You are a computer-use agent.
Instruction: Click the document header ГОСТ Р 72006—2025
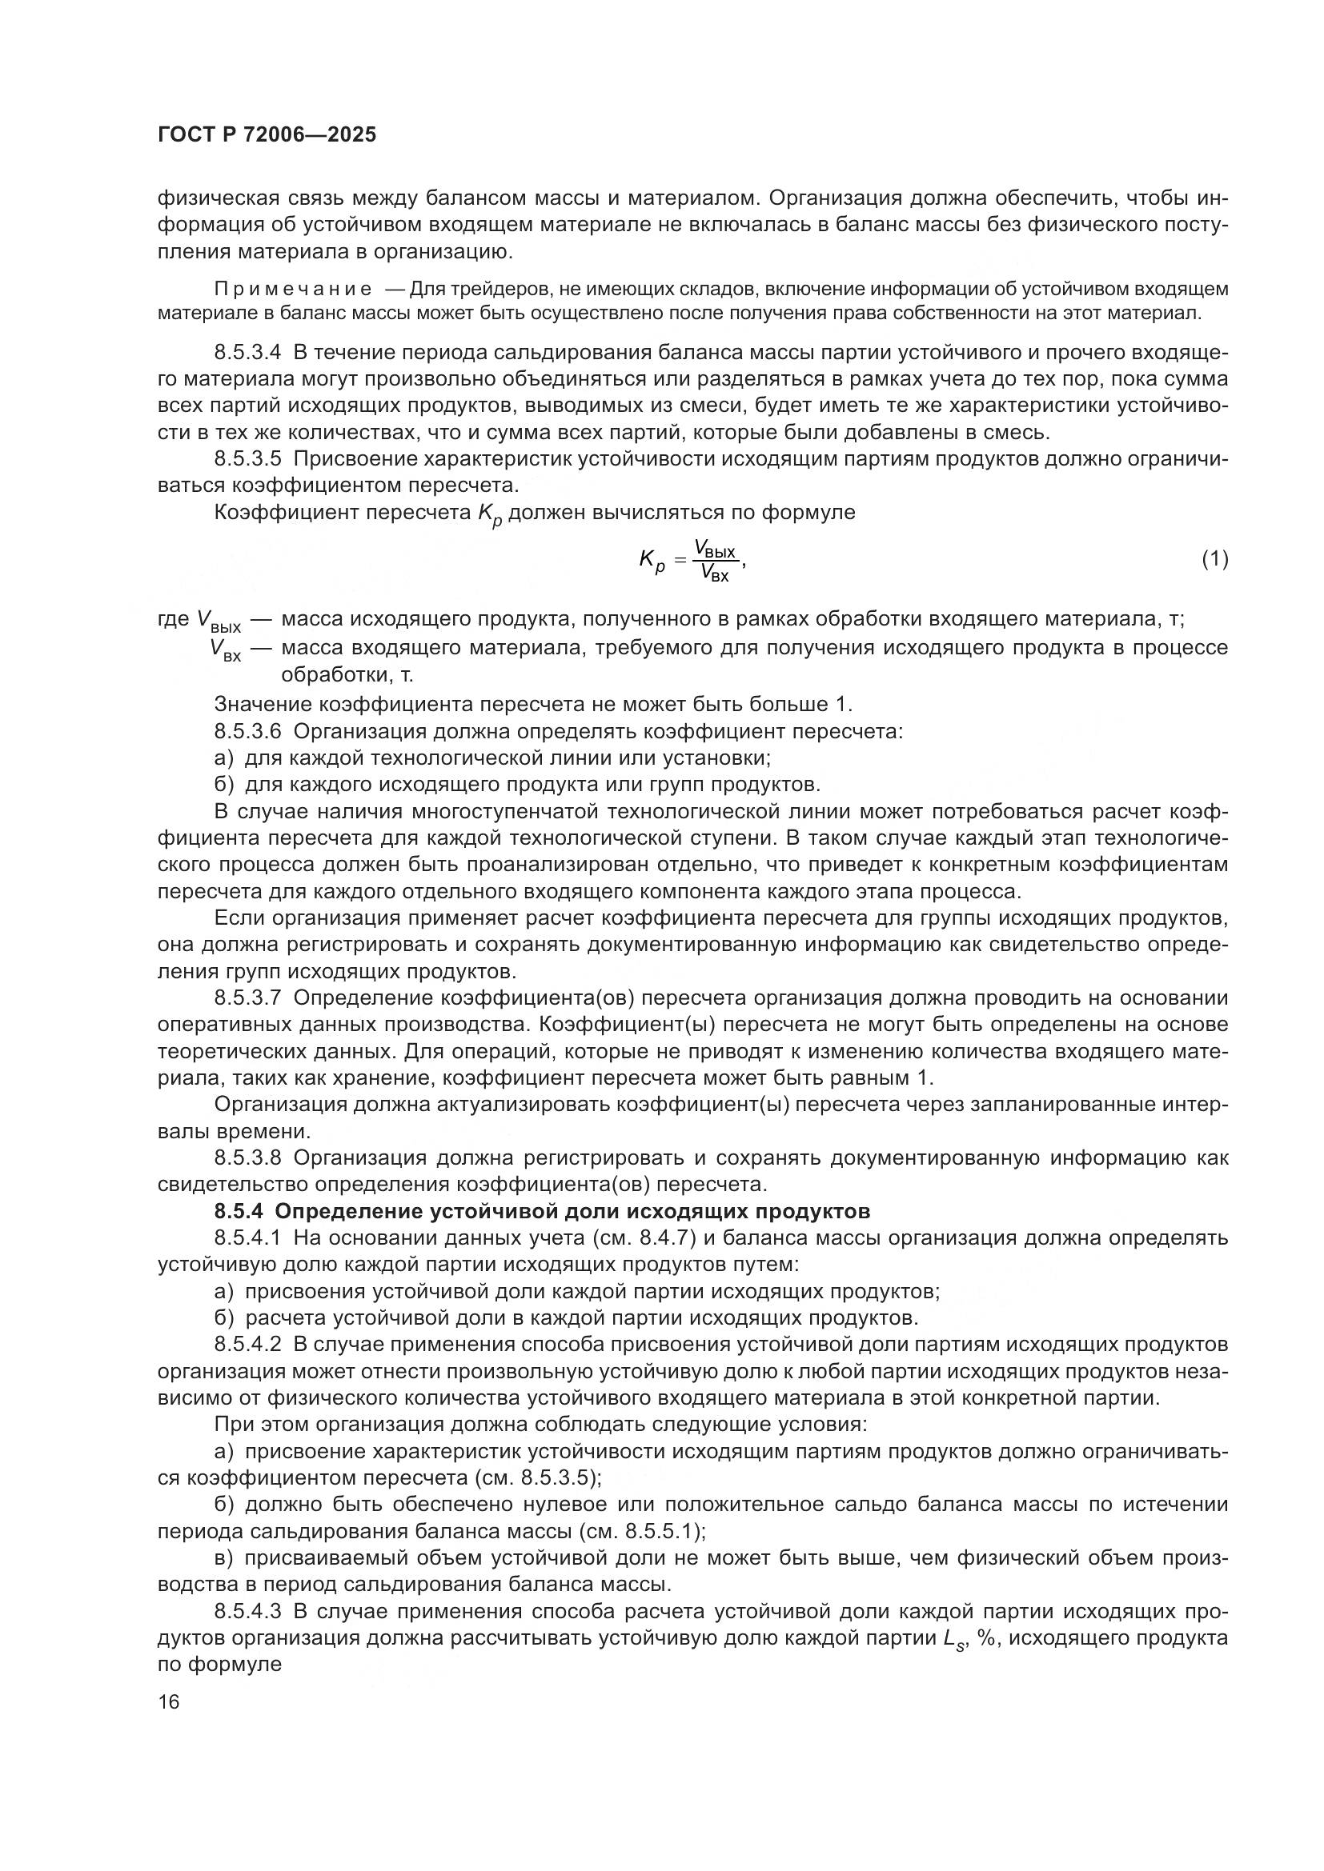(x=267, y=135)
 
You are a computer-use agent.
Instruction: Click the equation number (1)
(x=1215, y=559)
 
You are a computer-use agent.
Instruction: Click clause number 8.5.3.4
(x=247, y=353)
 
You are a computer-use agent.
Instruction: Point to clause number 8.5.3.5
(x=247, y=460)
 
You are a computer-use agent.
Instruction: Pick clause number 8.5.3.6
(x=247, y=731)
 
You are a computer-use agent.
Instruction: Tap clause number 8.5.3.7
(x=247, y=998)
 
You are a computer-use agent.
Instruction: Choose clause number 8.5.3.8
(x=247, y=1158)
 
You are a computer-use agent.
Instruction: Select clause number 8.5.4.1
(x=247, y=1237)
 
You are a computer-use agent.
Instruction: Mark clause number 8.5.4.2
(x=247, y=1345)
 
